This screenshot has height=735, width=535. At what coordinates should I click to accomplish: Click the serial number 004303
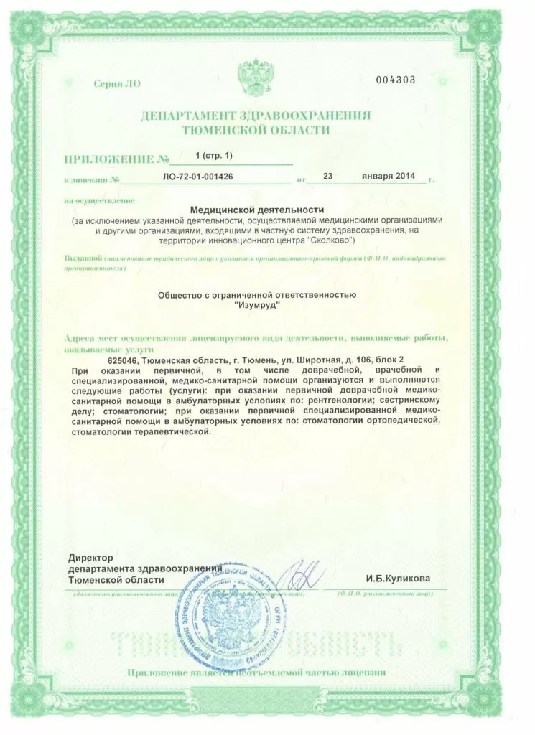[396, 80]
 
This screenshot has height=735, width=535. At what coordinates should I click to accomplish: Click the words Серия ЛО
[117, 84]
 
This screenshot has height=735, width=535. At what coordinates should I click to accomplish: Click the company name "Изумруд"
[257, 305]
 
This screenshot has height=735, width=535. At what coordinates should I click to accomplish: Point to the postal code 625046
[123, 359]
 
